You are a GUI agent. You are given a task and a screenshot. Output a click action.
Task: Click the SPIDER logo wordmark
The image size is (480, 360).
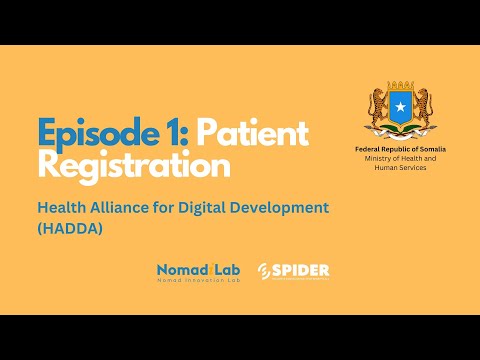[x=304, y=270]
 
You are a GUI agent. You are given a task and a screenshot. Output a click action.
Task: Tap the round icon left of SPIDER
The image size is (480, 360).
[x=264, y=272]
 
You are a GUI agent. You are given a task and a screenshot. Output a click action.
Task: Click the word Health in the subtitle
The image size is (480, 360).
[x=62, y=207]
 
